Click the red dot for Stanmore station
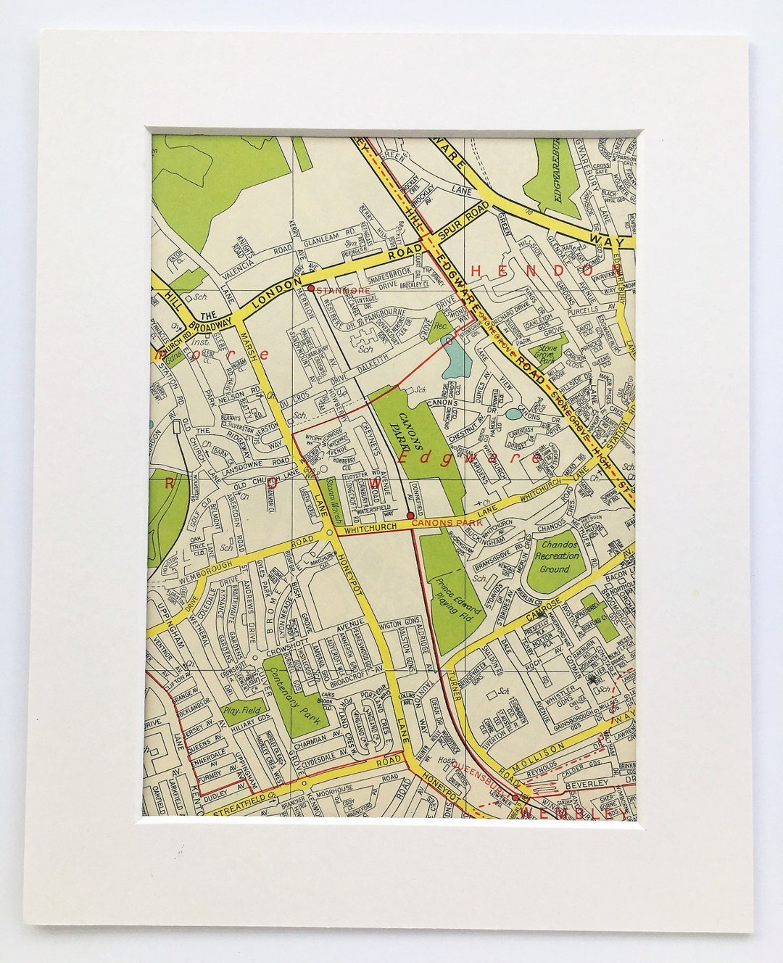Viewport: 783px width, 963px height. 310,288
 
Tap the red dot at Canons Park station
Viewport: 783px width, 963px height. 411,516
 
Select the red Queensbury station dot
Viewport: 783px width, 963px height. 515,798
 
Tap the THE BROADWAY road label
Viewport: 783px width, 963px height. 207,320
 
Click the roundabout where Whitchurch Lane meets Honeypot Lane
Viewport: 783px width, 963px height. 330,533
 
